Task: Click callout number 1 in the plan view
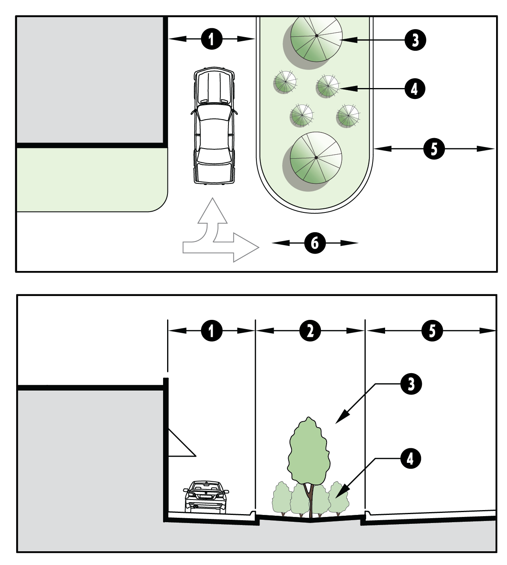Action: (212, 39)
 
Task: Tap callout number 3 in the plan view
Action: (415, 40)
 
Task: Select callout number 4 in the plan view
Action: (415, 88)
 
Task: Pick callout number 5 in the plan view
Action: (434, 149)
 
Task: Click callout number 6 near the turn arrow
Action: (314, 243)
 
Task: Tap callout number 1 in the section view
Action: (212, 330)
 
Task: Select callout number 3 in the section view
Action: (411, 384)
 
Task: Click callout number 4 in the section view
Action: (410, 459)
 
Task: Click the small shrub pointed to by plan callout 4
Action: (327, 86)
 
